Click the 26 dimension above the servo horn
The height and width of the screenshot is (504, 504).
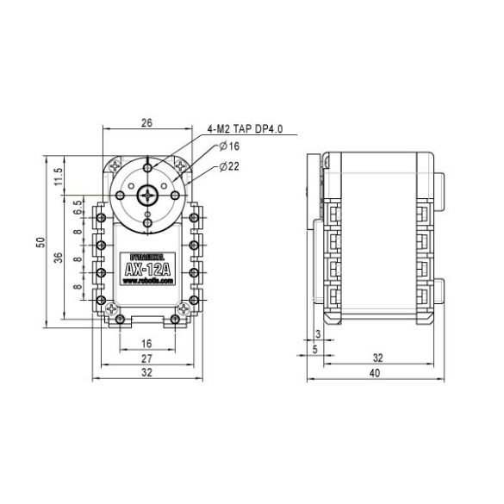tap(146, 123)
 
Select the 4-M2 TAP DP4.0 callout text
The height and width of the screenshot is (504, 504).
tap(246, 130)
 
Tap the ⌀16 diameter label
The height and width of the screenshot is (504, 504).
tap(229, 148)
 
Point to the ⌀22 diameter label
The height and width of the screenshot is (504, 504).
tap(229, 165)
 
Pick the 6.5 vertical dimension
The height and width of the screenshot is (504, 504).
tap(78, 206)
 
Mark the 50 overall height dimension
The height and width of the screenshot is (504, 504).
tap(40, 242)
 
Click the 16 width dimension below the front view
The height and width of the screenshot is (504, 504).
tap(146, 344)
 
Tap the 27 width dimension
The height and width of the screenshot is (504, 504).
tap(146, 358)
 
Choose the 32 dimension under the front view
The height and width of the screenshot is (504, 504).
tap(146, 373)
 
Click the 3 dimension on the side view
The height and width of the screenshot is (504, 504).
tap(318, 333)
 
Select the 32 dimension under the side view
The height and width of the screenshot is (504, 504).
tap(377, 357)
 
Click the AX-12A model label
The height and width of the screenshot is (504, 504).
tap(147, 270)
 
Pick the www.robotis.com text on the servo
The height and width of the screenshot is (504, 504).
tap(147, 282)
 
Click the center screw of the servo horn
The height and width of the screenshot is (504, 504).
tap(148, 195)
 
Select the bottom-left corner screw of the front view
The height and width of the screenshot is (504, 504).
tap(111, 308)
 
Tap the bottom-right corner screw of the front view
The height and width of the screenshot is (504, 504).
tap(183, 308)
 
